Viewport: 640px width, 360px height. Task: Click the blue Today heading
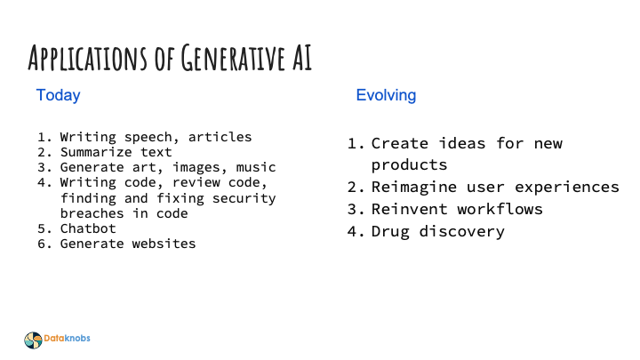58,95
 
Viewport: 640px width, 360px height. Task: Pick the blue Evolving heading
386,95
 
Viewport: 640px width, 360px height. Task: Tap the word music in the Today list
256,167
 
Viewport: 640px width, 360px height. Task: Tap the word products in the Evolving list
409,165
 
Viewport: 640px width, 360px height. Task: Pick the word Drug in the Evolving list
389,232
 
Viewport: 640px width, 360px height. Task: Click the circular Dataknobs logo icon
33,339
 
